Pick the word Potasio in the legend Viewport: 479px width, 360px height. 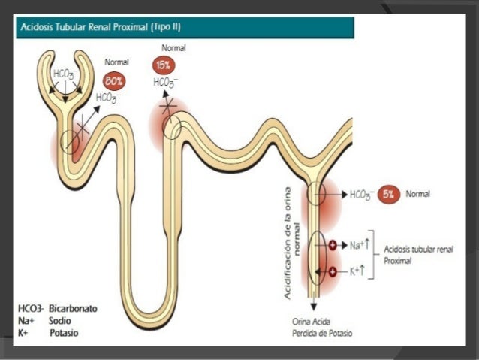click(65, 331)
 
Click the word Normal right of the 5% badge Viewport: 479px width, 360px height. click(418, 194)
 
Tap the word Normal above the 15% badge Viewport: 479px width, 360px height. click(173, 48)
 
